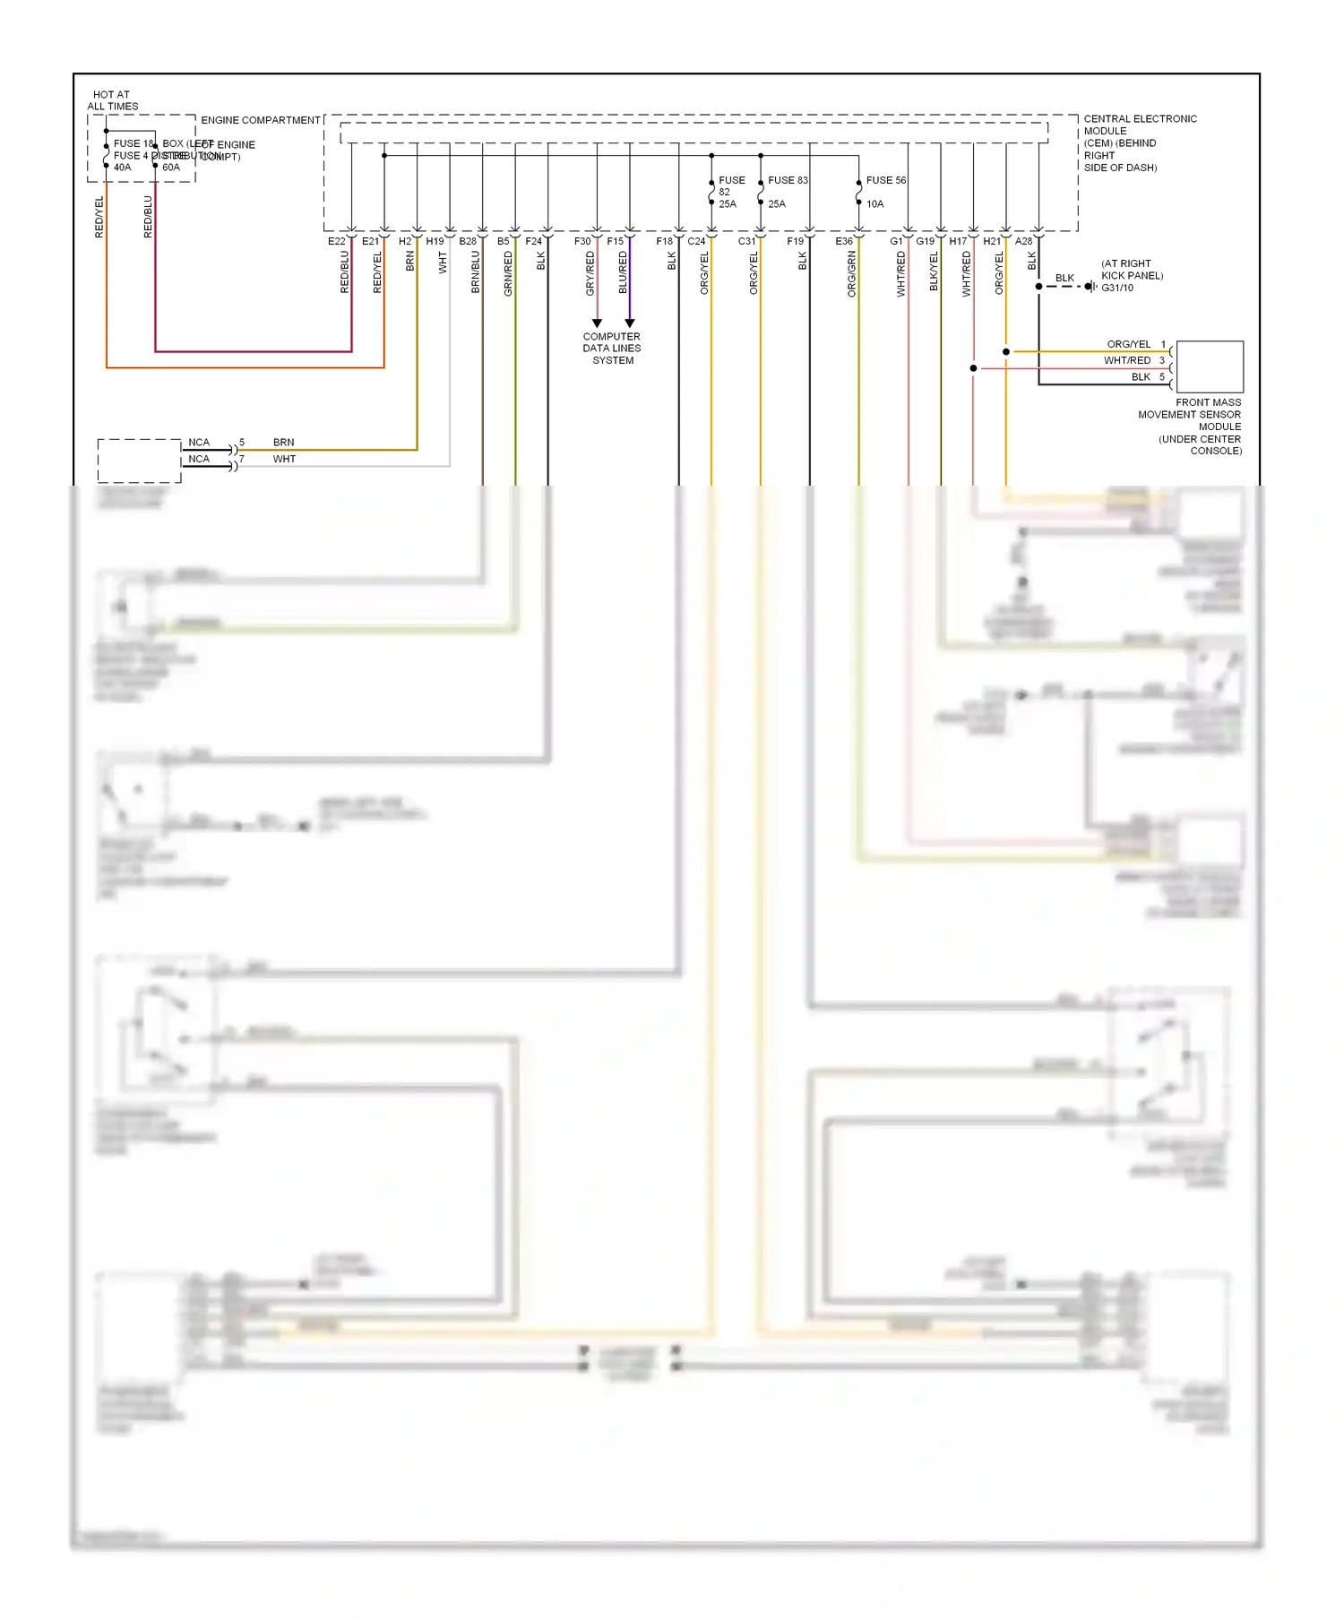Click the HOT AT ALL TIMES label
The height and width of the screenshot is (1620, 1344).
coord(112,100)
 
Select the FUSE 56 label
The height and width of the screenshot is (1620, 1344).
coord(885,180)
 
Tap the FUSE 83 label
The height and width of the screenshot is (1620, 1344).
coord(788,180)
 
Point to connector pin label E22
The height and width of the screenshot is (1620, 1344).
coord(336,241)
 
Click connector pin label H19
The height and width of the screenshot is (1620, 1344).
coord(435,241)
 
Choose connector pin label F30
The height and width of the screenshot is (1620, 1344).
coord(582,241)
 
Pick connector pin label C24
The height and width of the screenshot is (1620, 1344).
coord(696,241)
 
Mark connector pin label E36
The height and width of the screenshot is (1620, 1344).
coord(844,241)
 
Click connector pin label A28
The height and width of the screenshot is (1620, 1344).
coord(1023,241)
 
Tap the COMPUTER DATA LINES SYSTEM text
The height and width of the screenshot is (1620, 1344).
coord(612,349)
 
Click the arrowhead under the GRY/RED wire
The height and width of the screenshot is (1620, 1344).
coord(597,323)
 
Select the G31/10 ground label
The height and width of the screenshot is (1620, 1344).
coord(1117,288)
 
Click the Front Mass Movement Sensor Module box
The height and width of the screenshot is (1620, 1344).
coord(1209,366)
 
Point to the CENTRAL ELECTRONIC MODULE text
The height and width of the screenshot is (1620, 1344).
coord(1140,142)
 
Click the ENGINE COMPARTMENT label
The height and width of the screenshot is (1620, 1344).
coord(260,120)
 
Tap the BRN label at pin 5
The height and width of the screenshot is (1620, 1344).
coord(283,443)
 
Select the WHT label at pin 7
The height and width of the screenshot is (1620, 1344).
coord(284,459)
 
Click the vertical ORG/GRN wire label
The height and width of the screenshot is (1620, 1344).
coord(851,273)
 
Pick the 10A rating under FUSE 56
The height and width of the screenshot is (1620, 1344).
coord(874,204)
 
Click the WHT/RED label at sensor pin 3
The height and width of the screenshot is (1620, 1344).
coord(1126,360)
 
